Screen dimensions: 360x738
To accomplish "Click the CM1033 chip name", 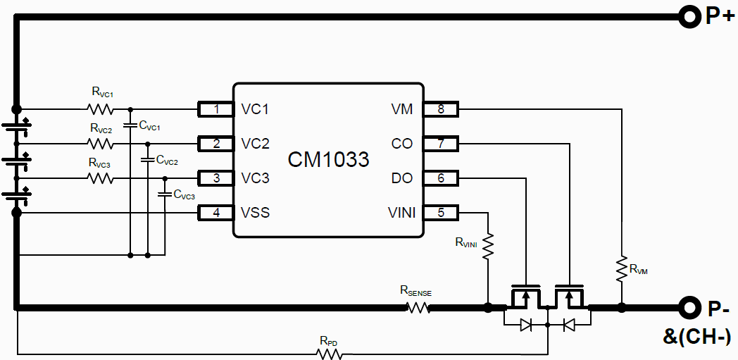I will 328,160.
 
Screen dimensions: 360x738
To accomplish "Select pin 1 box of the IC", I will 216,109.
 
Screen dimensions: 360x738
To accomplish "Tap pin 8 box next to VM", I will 441,109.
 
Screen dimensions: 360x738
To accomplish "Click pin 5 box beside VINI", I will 441,212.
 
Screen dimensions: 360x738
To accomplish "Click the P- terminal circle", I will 688,307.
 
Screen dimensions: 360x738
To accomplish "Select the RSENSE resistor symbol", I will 418,307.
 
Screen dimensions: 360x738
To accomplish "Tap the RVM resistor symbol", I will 621,268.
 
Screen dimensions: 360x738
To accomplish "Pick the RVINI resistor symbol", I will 487,246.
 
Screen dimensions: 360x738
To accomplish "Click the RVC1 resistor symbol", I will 100,109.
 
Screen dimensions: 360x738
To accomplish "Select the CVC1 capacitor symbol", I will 130,125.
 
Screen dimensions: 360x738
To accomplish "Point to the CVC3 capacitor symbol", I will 165,193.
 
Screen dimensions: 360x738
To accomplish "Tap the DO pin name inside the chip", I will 402,178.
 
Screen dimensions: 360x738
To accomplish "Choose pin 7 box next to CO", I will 441,144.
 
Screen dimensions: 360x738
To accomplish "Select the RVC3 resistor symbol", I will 100,178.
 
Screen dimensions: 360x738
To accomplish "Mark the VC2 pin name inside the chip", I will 255,144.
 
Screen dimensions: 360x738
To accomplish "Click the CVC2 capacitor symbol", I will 147,160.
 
